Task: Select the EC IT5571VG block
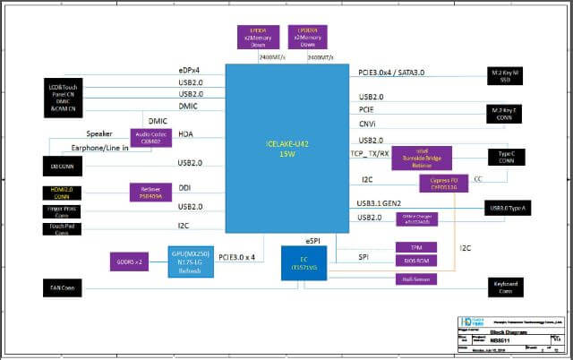tap(305, 265)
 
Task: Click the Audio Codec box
tap(150, 137)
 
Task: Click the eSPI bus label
tap(312, 239)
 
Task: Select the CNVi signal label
tap(367, 124)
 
